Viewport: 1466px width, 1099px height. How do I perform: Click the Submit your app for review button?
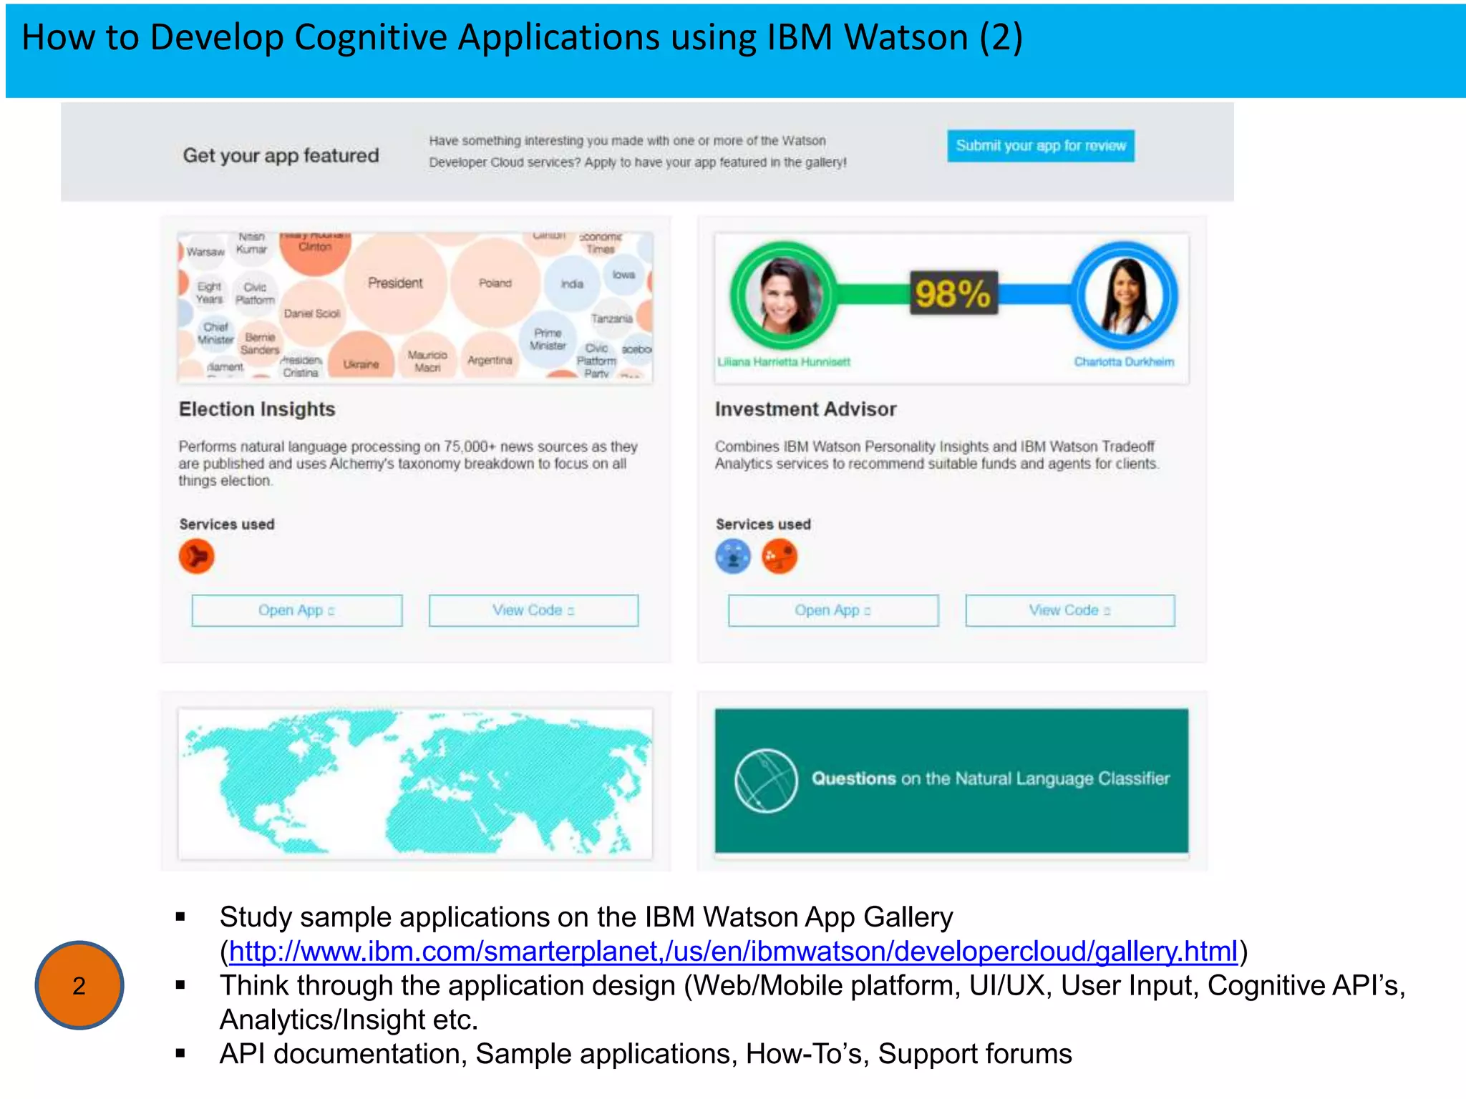1040,146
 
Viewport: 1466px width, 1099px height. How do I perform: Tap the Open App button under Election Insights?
296,610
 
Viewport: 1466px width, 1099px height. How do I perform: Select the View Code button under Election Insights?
533,610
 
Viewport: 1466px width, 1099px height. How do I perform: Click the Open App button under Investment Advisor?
832,610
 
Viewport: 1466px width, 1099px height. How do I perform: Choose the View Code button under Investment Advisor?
1069,610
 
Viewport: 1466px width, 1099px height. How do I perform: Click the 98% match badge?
953,293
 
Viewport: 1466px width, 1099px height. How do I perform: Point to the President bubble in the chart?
395,283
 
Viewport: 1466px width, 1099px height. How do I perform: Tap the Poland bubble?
495,283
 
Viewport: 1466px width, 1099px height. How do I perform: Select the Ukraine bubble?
361,361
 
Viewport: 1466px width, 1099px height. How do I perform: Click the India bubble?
572,284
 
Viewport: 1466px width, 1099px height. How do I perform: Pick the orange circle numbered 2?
79,985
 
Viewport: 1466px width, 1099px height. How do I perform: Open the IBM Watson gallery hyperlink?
733,952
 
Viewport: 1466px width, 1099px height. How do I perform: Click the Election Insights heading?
257,409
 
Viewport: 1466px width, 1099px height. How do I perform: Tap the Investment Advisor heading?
805,409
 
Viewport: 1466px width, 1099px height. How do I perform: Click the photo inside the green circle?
783,295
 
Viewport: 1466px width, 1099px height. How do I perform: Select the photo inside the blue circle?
1124,295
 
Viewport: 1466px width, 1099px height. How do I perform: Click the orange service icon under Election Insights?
197,557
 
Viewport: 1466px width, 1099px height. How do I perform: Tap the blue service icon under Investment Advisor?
733,557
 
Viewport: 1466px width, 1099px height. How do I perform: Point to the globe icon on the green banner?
766,781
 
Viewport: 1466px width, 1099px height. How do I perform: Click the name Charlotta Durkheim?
1124,362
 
